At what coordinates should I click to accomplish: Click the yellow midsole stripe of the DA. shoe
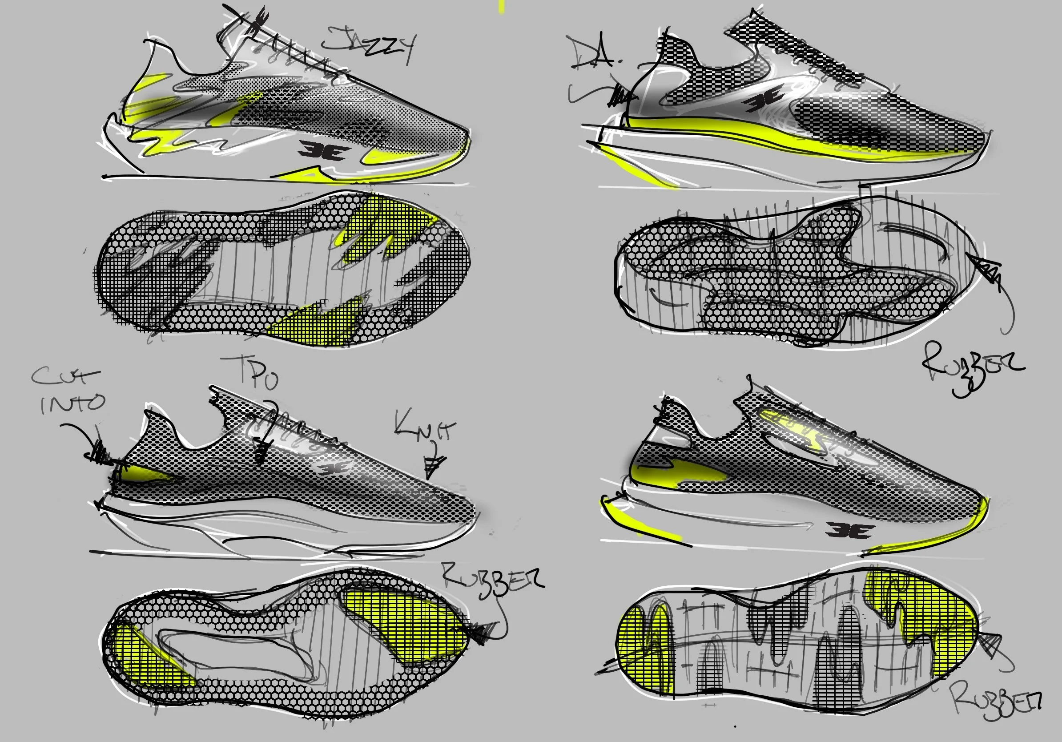click(786, 138)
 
